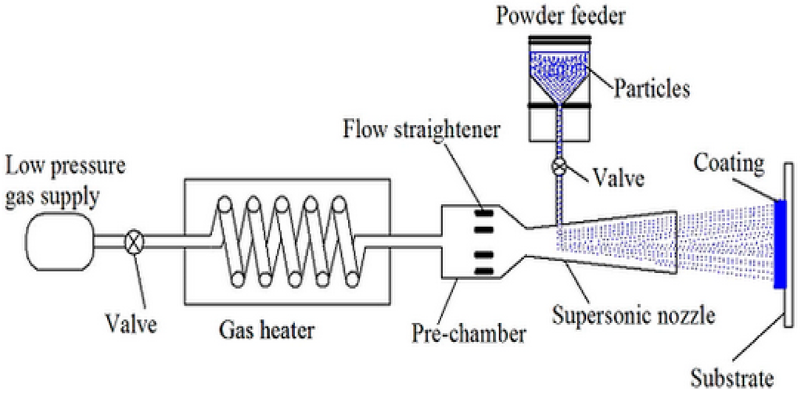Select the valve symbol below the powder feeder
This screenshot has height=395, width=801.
click(x=559, y=167)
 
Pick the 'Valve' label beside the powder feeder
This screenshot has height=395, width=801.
click(x=617, y=178)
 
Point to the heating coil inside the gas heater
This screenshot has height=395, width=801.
click(x=286, y=243)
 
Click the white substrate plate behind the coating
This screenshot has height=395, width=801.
click(x=789, y=250)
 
